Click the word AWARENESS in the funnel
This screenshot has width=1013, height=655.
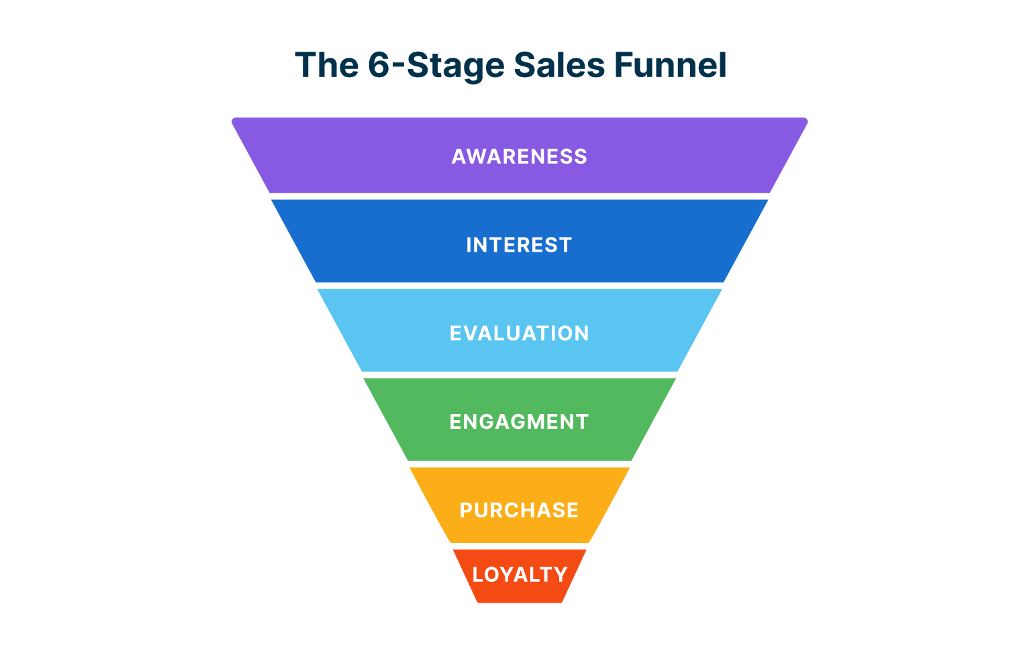[x=519, y=156]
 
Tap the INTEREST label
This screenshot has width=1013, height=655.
[x=519, y=245]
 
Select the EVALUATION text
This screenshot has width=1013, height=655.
[x=519, y=333]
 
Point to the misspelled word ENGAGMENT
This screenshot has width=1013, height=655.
[x=519, y=421]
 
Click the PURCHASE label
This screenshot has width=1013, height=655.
[x=519, y=510]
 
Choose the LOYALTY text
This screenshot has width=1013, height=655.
[x=520, y=574]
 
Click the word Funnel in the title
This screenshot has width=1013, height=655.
[x=670, y=65]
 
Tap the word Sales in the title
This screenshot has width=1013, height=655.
[x=559, y=65]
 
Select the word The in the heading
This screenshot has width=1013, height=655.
[x=326, y=65]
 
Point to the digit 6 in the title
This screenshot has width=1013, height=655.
[x=379, y=65]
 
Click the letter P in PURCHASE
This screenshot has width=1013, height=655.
[x=467, y=510]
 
